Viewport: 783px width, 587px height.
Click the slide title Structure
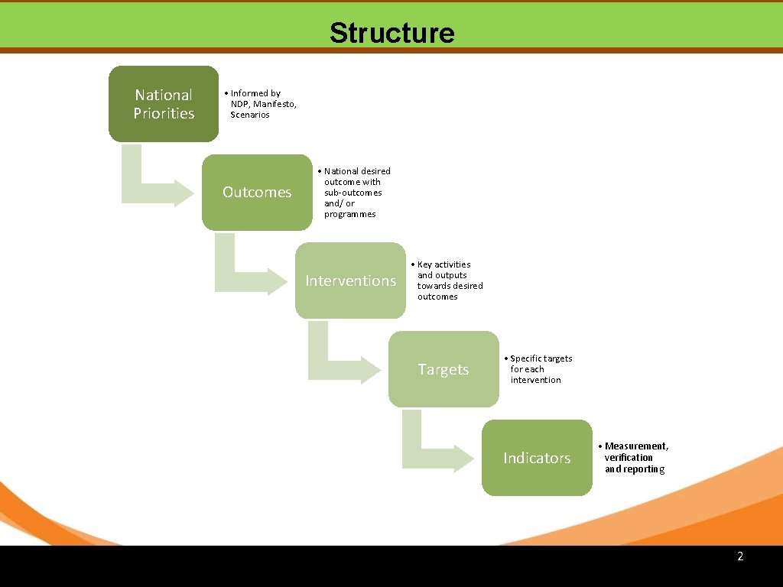[x=391, y=33]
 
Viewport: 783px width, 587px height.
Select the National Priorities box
[x=164, y=104]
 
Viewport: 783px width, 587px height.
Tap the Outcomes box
[x=257, y=192]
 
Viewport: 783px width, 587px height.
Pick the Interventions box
[x=350, y=281]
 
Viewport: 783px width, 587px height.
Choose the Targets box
[x=443, y=369]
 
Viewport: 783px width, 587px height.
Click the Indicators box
[x=537, y=458]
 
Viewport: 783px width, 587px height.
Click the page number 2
[x=740, y=556]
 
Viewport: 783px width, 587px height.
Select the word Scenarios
[x=250, y=115]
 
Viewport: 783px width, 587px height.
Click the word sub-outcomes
[x=353, y=193]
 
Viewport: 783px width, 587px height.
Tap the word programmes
[x=349, y=214]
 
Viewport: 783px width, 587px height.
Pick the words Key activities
[x=443, y=264]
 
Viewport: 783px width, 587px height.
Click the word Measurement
[x=635, y=446]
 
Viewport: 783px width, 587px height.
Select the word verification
[x=629, y=458]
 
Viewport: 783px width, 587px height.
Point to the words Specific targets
[x=541, y=358]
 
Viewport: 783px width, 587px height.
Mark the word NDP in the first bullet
[x=240, y=104]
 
